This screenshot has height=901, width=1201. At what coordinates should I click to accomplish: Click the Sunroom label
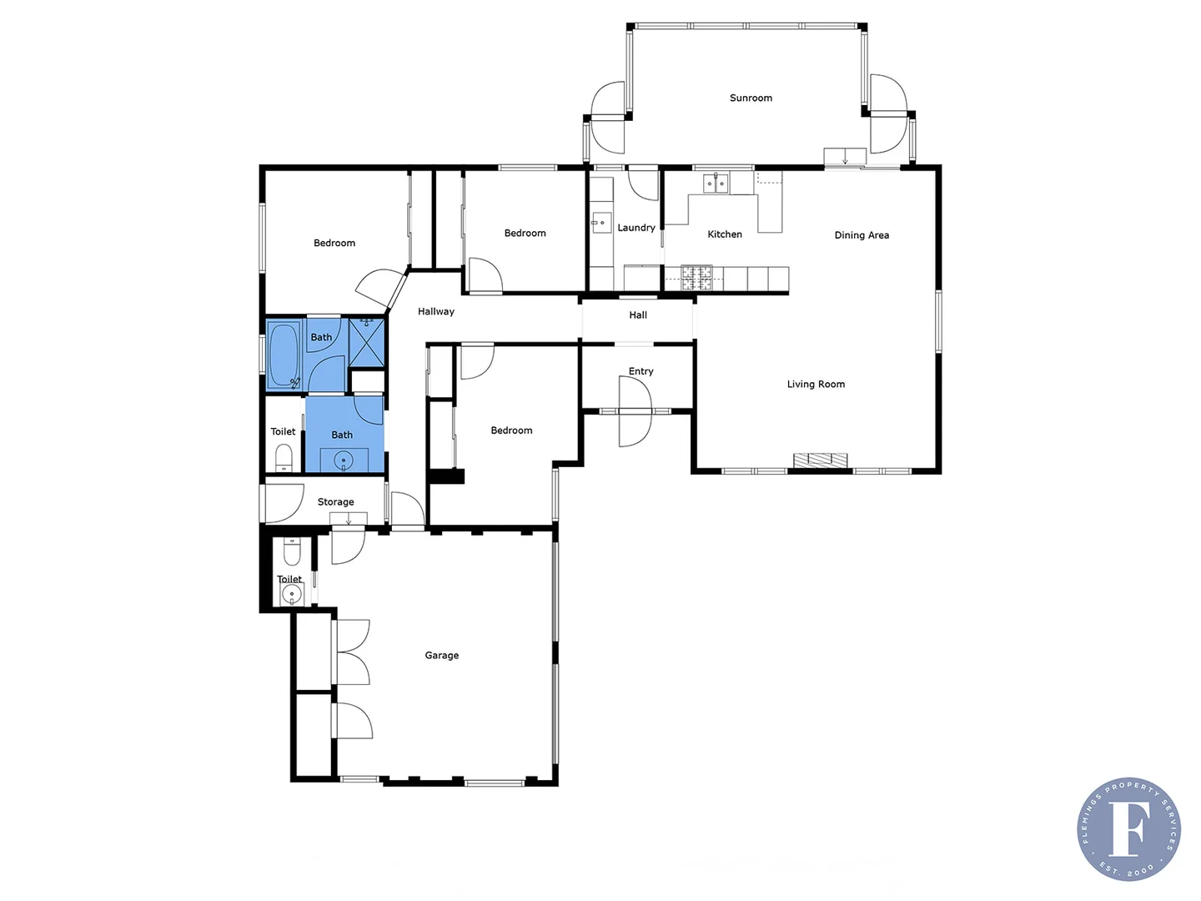tap(751, 98)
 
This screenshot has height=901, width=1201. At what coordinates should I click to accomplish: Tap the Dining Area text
tap(862, 235)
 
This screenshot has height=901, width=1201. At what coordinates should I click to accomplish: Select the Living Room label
tap(816, 384)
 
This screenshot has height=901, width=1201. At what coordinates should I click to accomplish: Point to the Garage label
tap(441, 655)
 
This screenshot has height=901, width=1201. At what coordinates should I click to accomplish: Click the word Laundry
tap(636, 228)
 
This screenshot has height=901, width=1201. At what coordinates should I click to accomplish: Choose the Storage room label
tap(335, 501)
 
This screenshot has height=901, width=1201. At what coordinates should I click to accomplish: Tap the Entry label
tap(641, 371)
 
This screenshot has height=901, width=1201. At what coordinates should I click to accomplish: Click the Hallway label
tap(435, 311)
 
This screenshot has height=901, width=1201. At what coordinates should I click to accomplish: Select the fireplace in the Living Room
tap(820, 460)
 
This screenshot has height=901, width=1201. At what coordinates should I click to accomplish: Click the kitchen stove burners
tap(696, 278)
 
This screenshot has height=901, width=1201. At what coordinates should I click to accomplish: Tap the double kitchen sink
tap(716, 183)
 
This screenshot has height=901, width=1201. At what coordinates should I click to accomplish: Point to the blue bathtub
tap(284, 355)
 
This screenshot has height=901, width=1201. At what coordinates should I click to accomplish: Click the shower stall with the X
tap(367, 342)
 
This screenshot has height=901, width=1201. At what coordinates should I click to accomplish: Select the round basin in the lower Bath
tap(344, 461)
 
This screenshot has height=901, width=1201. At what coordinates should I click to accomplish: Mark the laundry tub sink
tap(601, 223)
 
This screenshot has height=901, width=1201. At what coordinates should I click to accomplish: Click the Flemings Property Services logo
tap(1128, 828)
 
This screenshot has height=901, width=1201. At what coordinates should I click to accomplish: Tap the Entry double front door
tap(635, 410)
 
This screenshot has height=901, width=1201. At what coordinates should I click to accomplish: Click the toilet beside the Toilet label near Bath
tap(284, 457)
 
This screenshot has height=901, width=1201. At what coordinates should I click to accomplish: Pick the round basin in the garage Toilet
tap(291, 594)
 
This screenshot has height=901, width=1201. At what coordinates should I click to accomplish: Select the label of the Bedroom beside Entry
tap(511, 430)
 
